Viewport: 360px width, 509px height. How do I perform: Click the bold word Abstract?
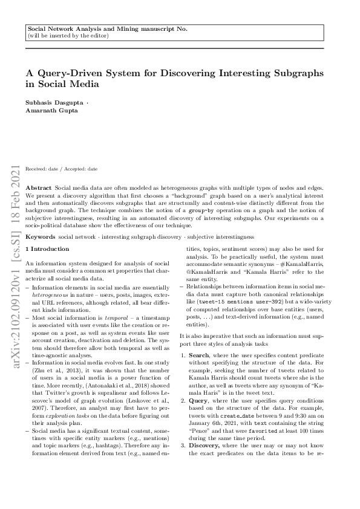click(x=39, y=189)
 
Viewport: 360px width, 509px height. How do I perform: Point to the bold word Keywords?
click(x=41, y=236)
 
